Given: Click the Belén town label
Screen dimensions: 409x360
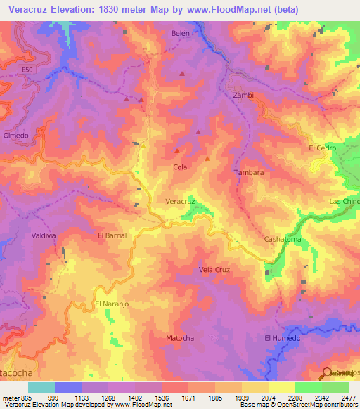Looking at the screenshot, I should click(x=181, y=33).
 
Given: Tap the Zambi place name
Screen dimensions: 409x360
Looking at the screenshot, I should click(x=243, y=95).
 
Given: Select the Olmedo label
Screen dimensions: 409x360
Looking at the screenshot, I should click(x=15, y=136).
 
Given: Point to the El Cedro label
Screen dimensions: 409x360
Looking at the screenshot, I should click(x=323, y=148).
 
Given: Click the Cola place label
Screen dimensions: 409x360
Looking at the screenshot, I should click(x=179, y=167).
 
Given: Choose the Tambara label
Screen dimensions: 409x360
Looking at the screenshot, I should click(x=249, y=172).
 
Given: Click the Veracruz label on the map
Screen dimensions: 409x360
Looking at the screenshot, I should click(x=180, y=201).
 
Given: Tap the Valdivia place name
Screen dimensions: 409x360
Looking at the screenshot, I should click(x=44, y=236).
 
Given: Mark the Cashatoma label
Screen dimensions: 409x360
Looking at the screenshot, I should click(x=282, y=240).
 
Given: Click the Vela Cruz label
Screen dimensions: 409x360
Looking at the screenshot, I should click(x=214, y=269).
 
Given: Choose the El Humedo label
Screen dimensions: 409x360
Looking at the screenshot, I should click(x=282, y=338).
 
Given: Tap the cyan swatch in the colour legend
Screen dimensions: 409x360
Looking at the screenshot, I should click(x=41, y=387).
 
